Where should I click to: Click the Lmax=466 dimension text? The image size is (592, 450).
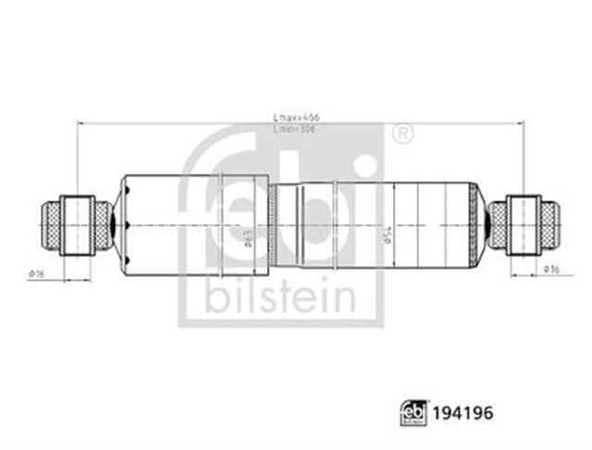290,118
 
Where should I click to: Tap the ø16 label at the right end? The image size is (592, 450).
551,269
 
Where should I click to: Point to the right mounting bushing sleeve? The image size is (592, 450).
524,224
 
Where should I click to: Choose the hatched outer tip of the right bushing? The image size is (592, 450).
550,224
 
